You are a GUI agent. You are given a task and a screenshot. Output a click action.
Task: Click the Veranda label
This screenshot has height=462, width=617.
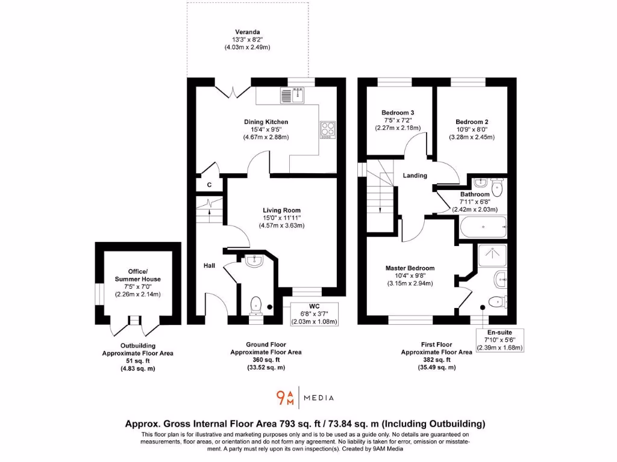(248, 32)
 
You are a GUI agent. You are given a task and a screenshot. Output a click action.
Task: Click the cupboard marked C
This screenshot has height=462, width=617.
(210, 185)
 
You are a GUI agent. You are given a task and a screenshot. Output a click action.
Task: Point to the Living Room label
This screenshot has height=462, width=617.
(281, 210)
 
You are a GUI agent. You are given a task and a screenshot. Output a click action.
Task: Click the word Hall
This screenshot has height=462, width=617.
(209, 265)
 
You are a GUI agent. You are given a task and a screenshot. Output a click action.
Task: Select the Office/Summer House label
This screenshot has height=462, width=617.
(138, 275)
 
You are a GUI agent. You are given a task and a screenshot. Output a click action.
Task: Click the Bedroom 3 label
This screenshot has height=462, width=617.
(398, 112)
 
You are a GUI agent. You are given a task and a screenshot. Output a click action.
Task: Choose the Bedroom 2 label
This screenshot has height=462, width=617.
(471, 122)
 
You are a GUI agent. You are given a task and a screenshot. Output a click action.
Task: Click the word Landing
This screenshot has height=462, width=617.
(415, 176)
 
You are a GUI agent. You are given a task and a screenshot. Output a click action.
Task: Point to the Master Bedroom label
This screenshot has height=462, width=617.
(410, 268)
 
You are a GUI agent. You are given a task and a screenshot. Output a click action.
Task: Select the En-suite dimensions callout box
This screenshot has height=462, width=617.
(500, 340)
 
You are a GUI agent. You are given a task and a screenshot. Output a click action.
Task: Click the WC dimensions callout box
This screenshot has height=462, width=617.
(313, 314)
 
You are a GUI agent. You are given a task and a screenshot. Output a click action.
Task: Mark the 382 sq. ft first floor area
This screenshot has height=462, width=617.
(436, 360)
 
